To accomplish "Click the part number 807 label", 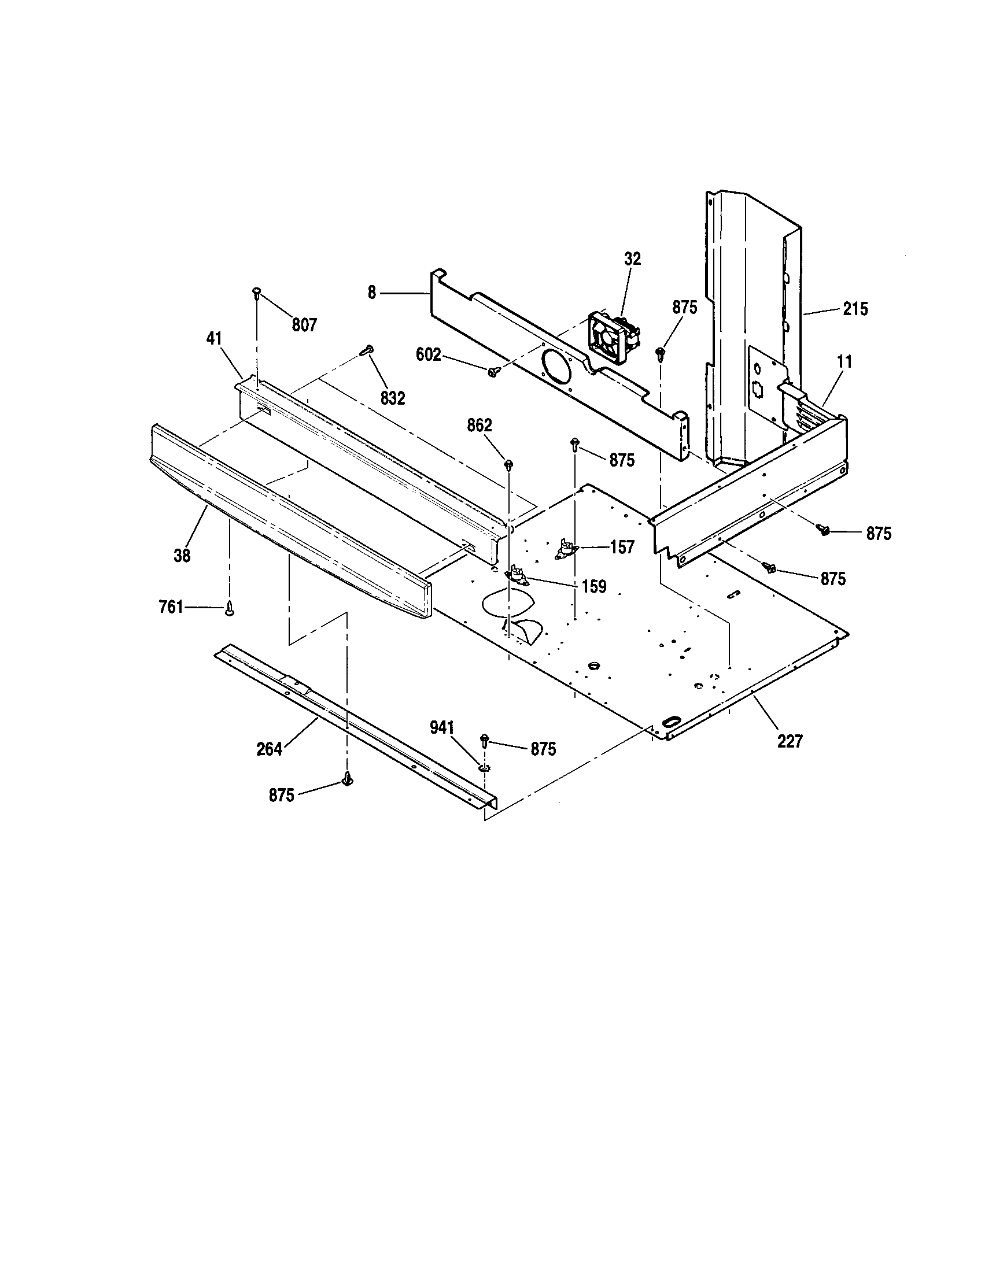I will pos(304,325).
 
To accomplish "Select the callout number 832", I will pos(393,398).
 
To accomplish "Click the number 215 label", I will pos(854,309).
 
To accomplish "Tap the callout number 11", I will pos(844,362).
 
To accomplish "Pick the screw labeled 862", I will pos(509,464).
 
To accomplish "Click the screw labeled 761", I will pos(230,609).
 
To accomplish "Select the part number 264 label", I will pos(270,749).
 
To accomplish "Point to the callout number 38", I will pos(182,556).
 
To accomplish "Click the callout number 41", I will pos(214,338).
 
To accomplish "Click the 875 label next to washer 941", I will pos(543,749).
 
